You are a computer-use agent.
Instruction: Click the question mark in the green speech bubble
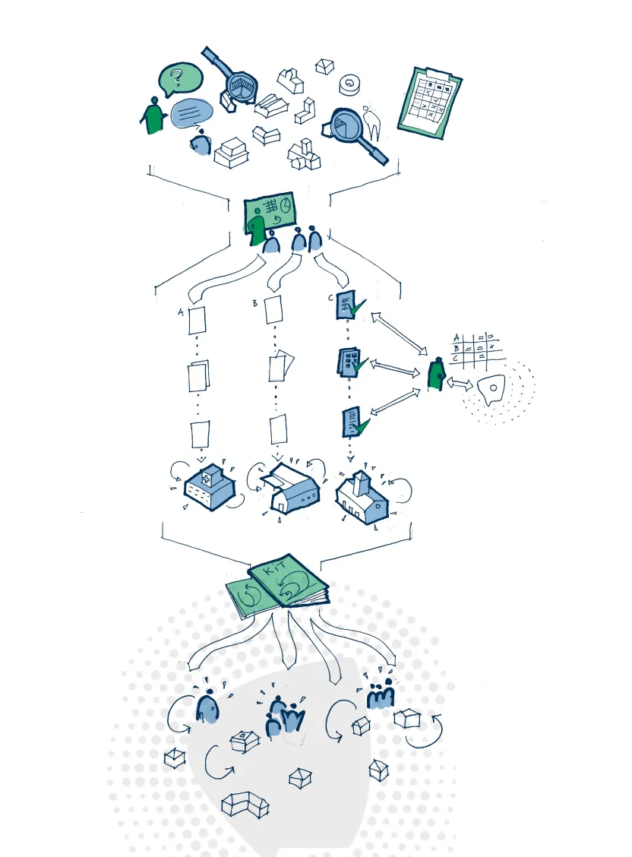point(176,76)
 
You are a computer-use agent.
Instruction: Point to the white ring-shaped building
point(349,84)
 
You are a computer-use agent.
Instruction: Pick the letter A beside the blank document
point(180,311)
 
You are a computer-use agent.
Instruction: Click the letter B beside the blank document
point(255,303)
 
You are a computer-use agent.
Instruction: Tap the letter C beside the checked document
point(331,298)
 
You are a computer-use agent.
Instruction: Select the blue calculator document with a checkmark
point(348,362)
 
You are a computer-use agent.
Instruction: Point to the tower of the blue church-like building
point(362,483)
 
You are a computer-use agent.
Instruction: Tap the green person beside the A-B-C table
point(436,375)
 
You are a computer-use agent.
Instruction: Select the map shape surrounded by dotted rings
point(491,389)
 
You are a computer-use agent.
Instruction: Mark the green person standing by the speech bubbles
point(155,115)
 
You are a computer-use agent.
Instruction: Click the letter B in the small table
point(457,349)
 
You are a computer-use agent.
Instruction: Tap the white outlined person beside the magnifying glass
point(371,119)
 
